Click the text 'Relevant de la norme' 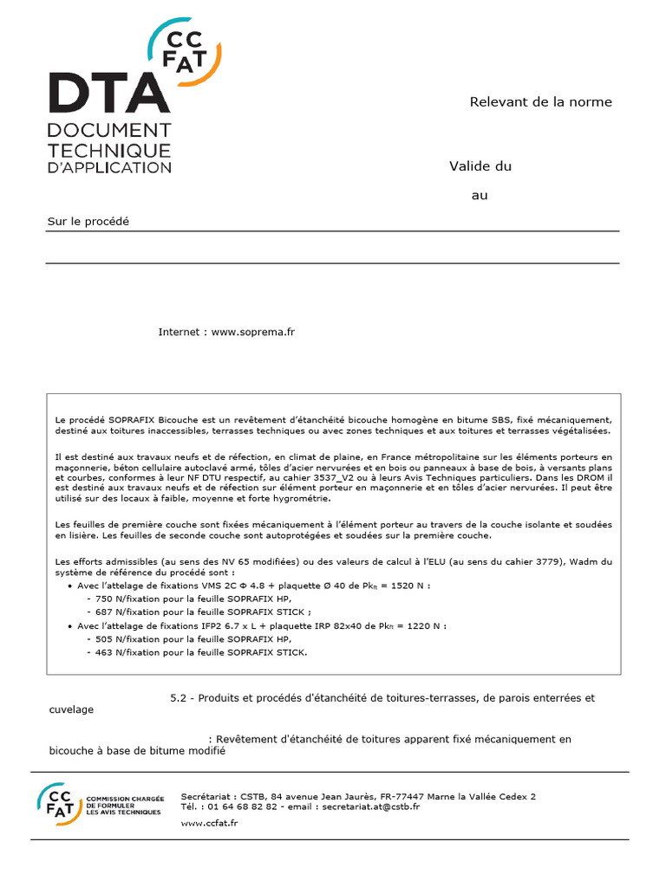click(540, 102)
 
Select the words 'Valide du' click(480, 166)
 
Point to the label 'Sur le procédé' click(88, 221)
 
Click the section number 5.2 click(179, 697)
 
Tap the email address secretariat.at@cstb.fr click(370, 806)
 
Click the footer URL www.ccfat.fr click(209, 823)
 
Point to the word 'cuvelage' click(71, 709)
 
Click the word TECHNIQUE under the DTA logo click(108, 148)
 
